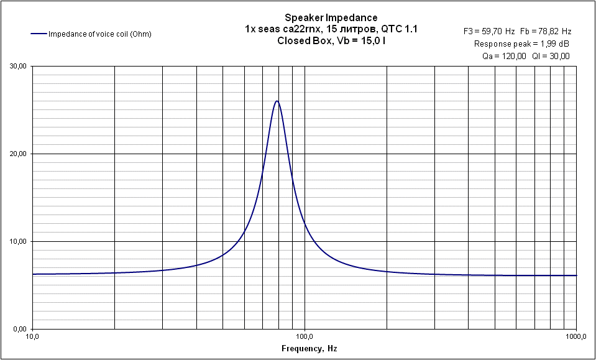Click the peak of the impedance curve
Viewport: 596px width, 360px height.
277,101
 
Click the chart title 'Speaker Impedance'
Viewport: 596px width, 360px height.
331,17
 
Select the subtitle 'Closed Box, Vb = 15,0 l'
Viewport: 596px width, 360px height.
331,40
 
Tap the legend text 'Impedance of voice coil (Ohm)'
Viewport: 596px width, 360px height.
100,34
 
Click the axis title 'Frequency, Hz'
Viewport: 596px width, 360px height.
309,348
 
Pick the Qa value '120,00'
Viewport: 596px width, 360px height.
513,56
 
